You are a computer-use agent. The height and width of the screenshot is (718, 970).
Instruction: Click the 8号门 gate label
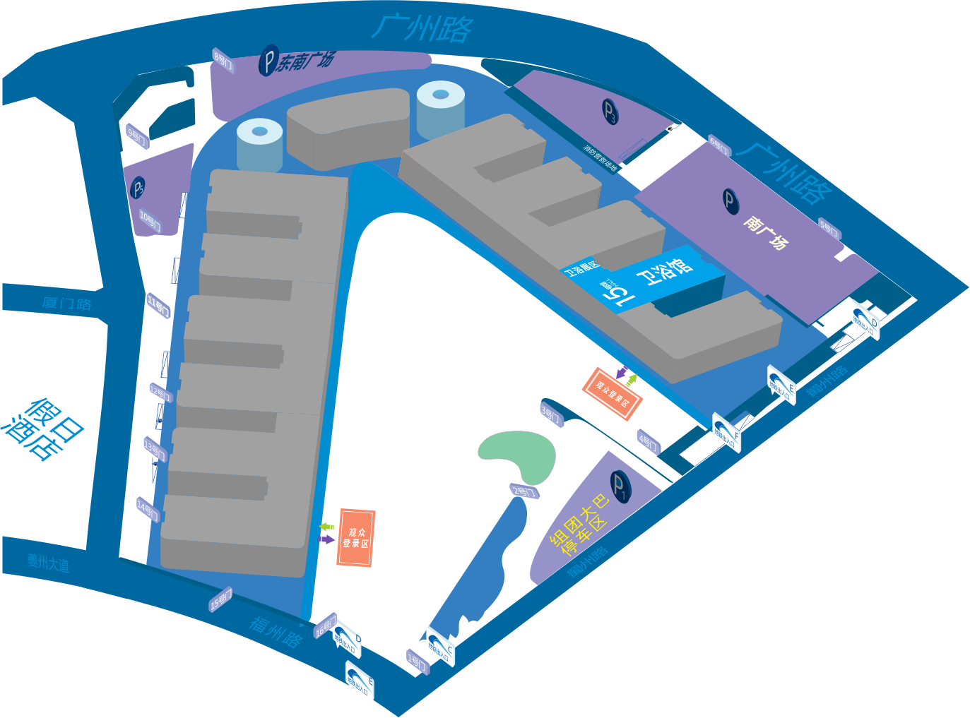click(223, 61)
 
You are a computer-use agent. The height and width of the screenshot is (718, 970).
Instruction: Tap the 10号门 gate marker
click(150, 222)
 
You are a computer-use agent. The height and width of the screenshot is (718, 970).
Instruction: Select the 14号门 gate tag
click(148, 508)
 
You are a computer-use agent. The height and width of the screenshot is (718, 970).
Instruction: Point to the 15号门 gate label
click(220, 600)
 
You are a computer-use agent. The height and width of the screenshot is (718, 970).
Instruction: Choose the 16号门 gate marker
click(324, 626)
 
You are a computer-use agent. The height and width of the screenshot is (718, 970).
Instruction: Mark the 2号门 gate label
click(524, 491)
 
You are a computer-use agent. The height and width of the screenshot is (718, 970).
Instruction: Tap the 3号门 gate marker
click(551, 414)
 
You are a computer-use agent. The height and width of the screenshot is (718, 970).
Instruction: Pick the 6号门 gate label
click(718, 146)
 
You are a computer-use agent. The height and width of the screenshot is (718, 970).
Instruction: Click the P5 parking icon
click(138, 188)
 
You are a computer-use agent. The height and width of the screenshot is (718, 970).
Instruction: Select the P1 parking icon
click(620, 486)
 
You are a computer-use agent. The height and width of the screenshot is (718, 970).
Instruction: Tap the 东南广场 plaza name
click(304, 62)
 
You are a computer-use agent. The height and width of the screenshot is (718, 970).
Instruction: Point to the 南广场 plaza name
click(764, 233)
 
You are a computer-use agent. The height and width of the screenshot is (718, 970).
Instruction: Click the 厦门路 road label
click(66, 304)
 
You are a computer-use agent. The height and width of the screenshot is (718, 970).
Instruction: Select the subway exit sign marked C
click(441, 647)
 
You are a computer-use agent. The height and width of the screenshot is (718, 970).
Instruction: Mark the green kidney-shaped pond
click(517, 454)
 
